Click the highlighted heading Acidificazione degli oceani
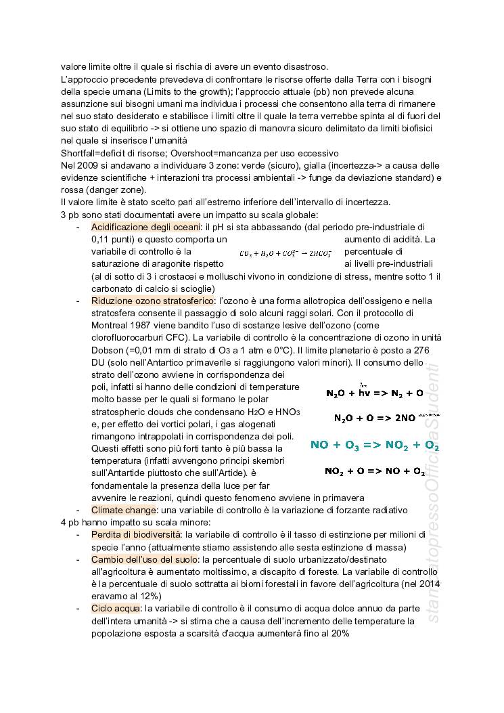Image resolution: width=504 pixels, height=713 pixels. click(x=146, y=227)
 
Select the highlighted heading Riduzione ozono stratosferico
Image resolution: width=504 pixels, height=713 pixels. click(x=153, y=301)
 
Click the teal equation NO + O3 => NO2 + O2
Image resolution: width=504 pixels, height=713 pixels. click(x=375, y=445)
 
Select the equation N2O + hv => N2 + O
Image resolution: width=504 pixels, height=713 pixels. click(x=374, y=393)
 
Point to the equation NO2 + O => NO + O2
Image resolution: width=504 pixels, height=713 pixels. click(x=374, y=471)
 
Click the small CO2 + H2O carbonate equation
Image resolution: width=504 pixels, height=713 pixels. click(x=285, y=253)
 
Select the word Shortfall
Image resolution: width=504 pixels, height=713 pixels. click(x=79, y=153)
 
